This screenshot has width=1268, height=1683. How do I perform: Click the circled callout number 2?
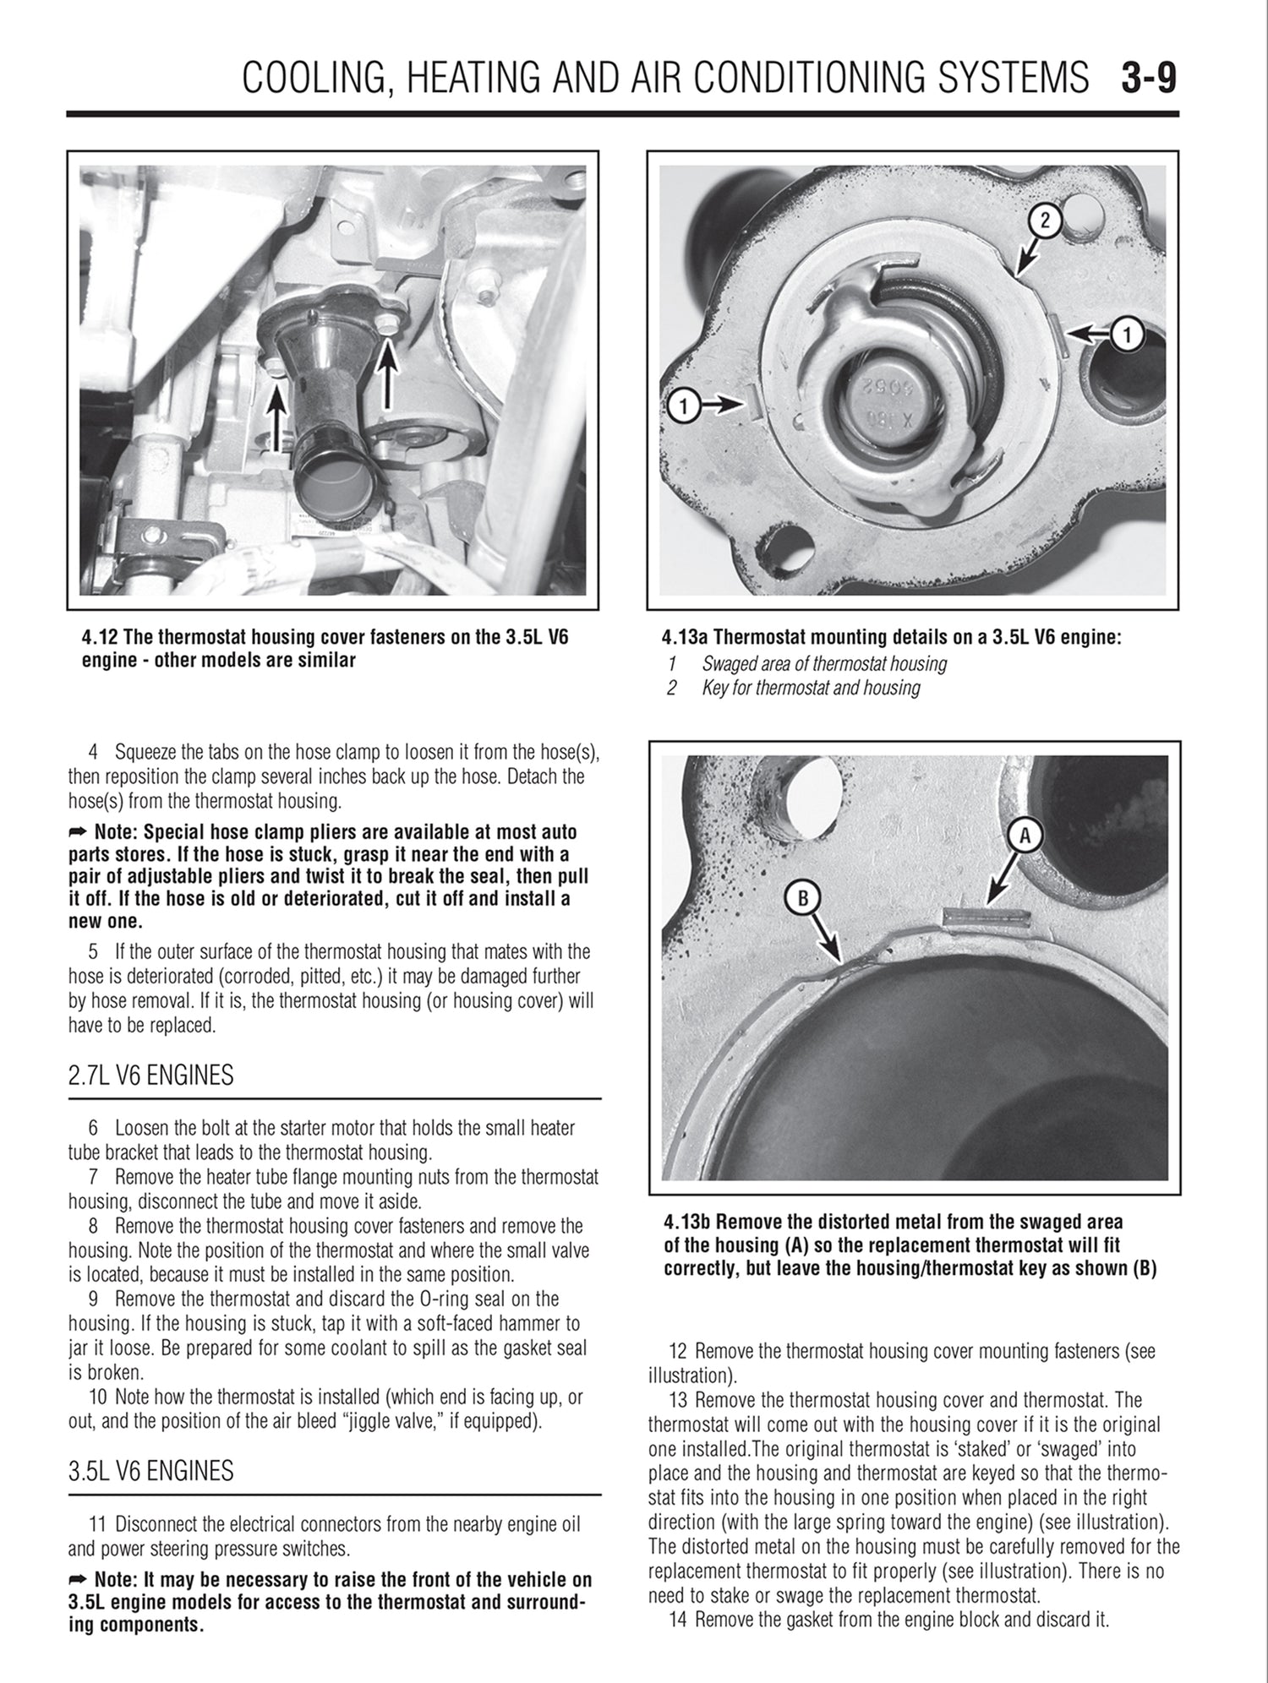tap(1044, 221)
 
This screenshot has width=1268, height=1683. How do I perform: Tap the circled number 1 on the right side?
tap(1126, 335)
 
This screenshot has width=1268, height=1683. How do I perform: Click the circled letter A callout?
tap(1025, 836)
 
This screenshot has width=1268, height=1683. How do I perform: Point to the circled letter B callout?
tap(802, 899)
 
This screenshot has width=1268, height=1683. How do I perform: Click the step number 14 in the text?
tap(680, 1620)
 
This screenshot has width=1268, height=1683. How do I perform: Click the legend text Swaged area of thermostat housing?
tap(823, 664)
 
